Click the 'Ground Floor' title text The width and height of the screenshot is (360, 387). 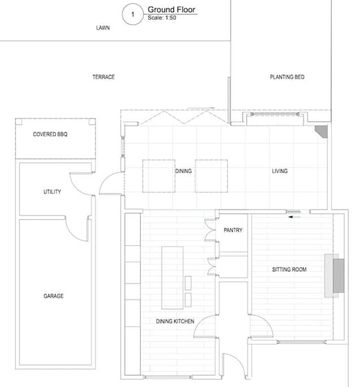pos(171,10)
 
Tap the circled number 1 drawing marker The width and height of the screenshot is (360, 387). pos(133,14)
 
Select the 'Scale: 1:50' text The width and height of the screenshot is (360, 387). pos(162,18)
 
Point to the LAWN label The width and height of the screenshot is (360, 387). pos(103,28)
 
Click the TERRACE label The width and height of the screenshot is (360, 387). pos(103,77)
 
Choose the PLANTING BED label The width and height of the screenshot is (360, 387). pos(287,77)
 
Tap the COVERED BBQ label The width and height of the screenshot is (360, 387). pos(50,134)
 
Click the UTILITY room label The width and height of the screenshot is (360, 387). pos(52,192)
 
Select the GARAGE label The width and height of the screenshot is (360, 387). pos(54,296)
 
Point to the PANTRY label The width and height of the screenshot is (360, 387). pos(233,230)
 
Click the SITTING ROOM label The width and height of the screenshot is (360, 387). pos(289,270)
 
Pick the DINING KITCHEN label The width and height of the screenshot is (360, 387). pos(175,321)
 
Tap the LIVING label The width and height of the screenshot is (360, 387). pos(280,171)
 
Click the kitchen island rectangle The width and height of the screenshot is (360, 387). pos(172,278)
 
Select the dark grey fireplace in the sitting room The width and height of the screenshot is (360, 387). pos(339,276)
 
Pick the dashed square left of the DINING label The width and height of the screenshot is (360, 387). pos(159,176)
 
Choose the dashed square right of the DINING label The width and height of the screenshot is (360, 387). pos(211,176)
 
